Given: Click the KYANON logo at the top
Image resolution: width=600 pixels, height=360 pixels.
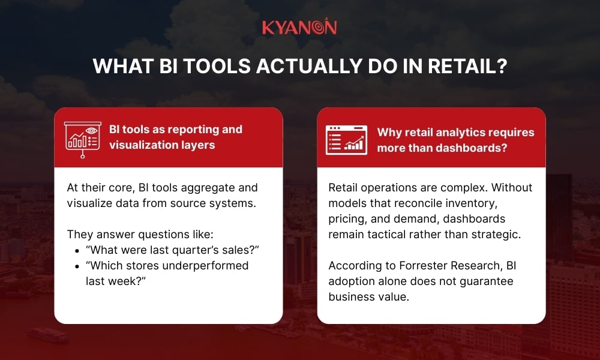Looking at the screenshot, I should [x=299, y=28].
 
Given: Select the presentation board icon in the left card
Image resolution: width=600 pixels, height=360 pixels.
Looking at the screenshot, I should [x=82, y=137].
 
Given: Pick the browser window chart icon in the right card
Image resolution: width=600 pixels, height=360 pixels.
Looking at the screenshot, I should [x=346, y=139].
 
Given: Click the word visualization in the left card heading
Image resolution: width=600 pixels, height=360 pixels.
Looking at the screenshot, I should [x=142, y=145].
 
